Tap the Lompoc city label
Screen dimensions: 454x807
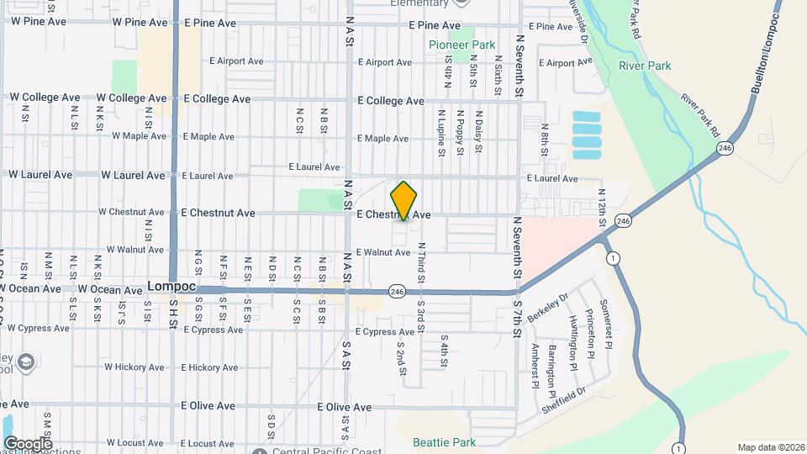(171, 286)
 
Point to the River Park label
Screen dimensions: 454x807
(644, 66)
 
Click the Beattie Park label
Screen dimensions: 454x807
(444, 442)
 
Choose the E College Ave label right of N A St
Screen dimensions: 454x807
(391, 101)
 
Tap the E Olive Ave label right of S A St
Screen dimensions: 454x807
(344, 407)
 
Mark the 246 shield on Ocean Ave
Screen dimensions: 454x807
(398, 292)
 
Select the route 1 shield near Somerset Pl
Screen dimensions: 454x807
(616, 257)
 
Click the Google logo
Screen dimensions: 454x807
(28, 443)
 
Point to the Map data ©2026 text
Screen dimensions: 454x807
(769, 447)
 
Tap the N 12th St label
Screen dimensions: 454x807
(602, 205)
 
